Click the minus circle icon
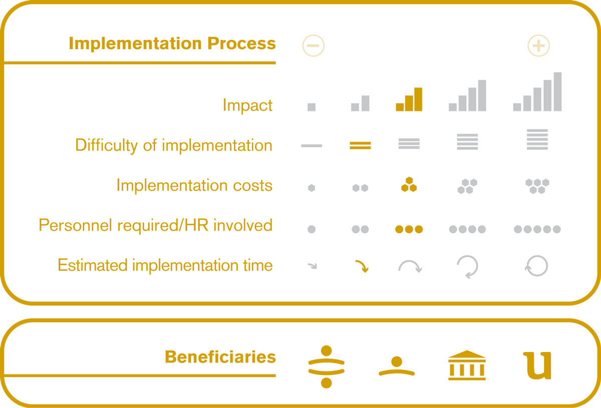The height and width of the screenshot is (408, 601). pyautogui.click(x=314, y=45)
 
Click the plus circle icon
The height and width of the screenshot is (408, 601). pyautogui.click(x=538, y=45)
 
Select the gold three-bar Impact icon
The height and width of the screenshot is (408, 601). pyautogui.click(x=409, y=99)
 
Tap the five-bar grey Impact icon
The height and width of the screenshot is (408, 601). pyautogui.click(x=537, y=91)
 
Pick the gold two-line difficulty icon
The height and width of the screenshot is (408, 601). pyautogui.click(x=360, y=145)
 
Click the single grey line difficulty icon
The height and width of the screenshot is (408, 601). pyautogui.click(x=312, y=145)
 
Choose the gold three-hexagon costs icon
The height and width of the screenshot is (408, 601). pyautogui.click(x=409, y=184)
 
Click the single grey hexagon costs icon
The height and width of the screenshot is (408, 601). pyautogui.click(x=312, y=188)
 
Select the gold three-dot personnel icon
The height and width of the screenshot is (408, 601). pyautogui.click(x=409, y=229)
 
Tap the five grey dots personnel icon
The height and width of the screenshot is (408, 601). pyautogui.click(x=537, y=229)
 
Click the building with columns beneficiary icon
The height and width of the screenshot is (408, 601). pyautogui.click(x=467, y=365)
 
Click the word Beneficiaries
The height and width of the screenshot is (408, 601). pyautogui.click(x=220, y=356)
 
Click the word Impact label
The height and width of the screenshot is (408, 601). pyautogui.click(x=247, y=105)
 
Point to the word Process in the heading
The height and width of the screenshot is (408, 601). pyautogui.click(x=241, y=43)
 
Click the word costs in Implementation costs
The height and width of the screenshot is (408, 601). pyautogui.click(x=252, y=185)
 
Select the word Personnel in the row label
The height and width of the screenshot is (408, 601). pyautogui.click(x=75, y=225)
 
